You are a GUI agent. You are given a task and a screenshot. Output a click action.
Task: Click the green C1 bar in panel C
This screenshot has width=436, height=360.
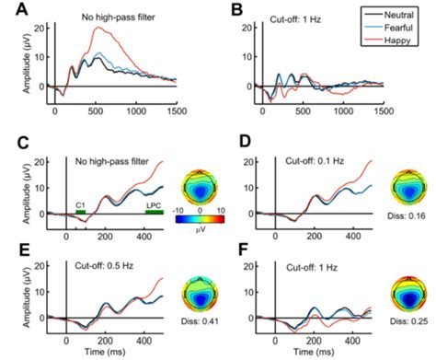pos(81,212)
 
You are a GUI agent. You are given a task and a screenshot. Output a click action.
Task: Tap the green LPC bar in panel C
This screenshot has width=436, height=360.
pos(153,212)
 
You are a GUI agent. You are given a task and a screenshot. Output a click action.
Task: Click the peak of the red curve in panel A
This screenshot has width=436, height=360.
pos(99,29)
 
